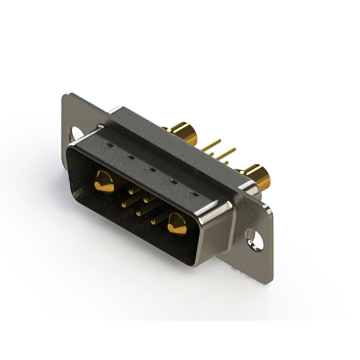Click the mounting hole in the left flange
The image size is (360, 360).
[x=76, y=133]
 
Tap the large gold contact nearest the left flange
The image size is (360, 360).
[x=103, y=181]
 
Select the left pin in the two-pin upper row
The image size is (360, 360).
[x=132, y=191]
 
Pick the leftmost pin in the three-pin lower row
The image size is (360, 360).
[x=124, y=204]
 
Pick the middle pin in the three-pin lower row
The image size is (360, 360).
[x=139, y=213]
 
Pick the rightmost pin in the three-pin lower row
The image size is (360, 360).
[x=154, y=221]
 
